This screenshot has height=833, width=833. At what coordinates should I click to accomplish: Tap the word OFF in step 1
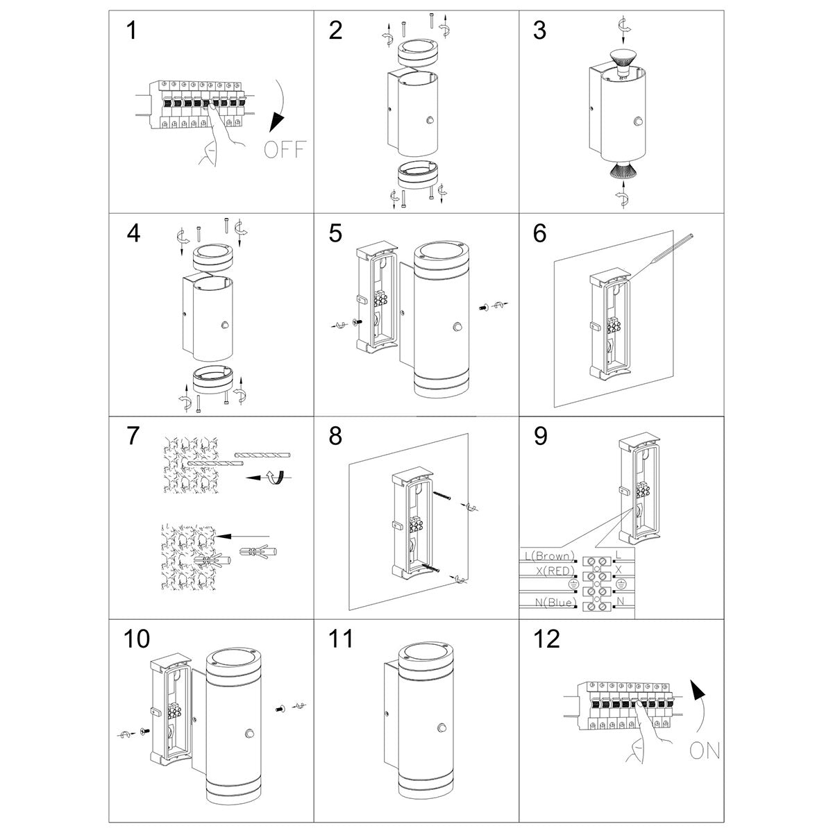pyautogui.click(x=285, y=149)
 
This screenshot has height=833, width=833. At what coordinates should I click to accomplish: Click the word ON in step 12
pyautogui.click(x=705, y=750)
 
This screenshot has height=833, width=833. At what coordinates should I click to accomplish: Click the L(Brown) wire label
pyautogui.click(x=549, y=556)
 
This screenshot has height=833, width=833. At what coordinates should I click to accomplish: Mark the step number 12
pyautogui.click(x=547, y=639)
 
